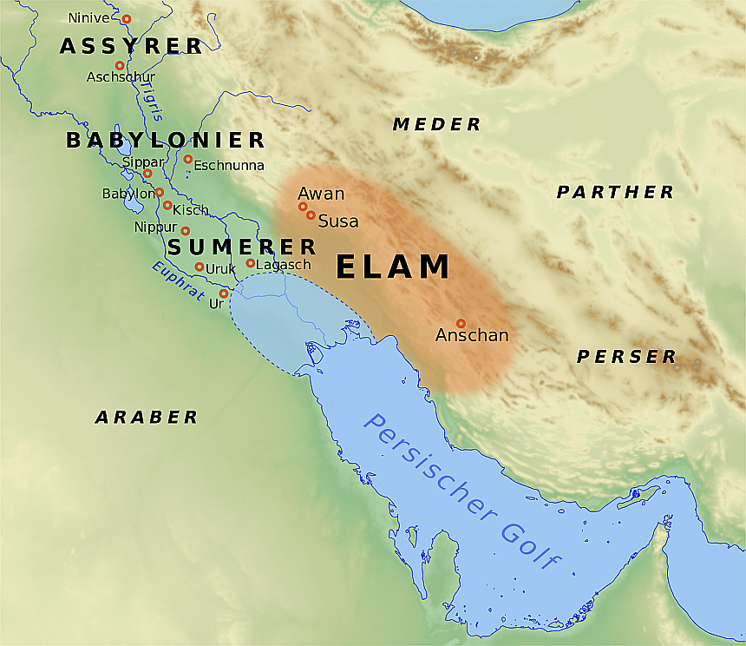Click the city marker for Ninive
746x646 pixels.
[x=127, y=18]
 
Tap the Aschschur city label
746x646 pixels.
[x=121, y=77]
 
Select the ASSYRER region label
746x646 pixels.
[x=131, y=47]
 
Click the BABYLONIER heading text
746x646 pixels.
[x=165, y=140]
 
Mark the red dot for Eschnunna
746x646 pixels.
[x=187, y=159]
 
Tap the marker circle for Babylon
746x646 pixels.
[x=160, y=192]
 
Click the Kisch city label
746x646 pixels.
[x=191, y=210]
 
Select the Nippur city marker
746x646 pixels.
[x=185, y=231]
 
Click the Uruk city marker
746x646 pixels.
[x=200, y=267]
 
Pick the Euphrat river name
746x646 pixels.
[x=178, y=280]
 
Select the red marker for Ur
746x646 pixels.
[x=224, y=293]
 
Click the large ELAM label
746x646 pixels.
[x=393, y=267]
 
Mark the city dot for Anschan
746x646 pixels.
[x=461, y=323]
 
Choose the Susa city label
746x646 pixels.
[x=338, y=221]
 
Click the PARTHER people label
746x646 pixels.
[x=615, y=192]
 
